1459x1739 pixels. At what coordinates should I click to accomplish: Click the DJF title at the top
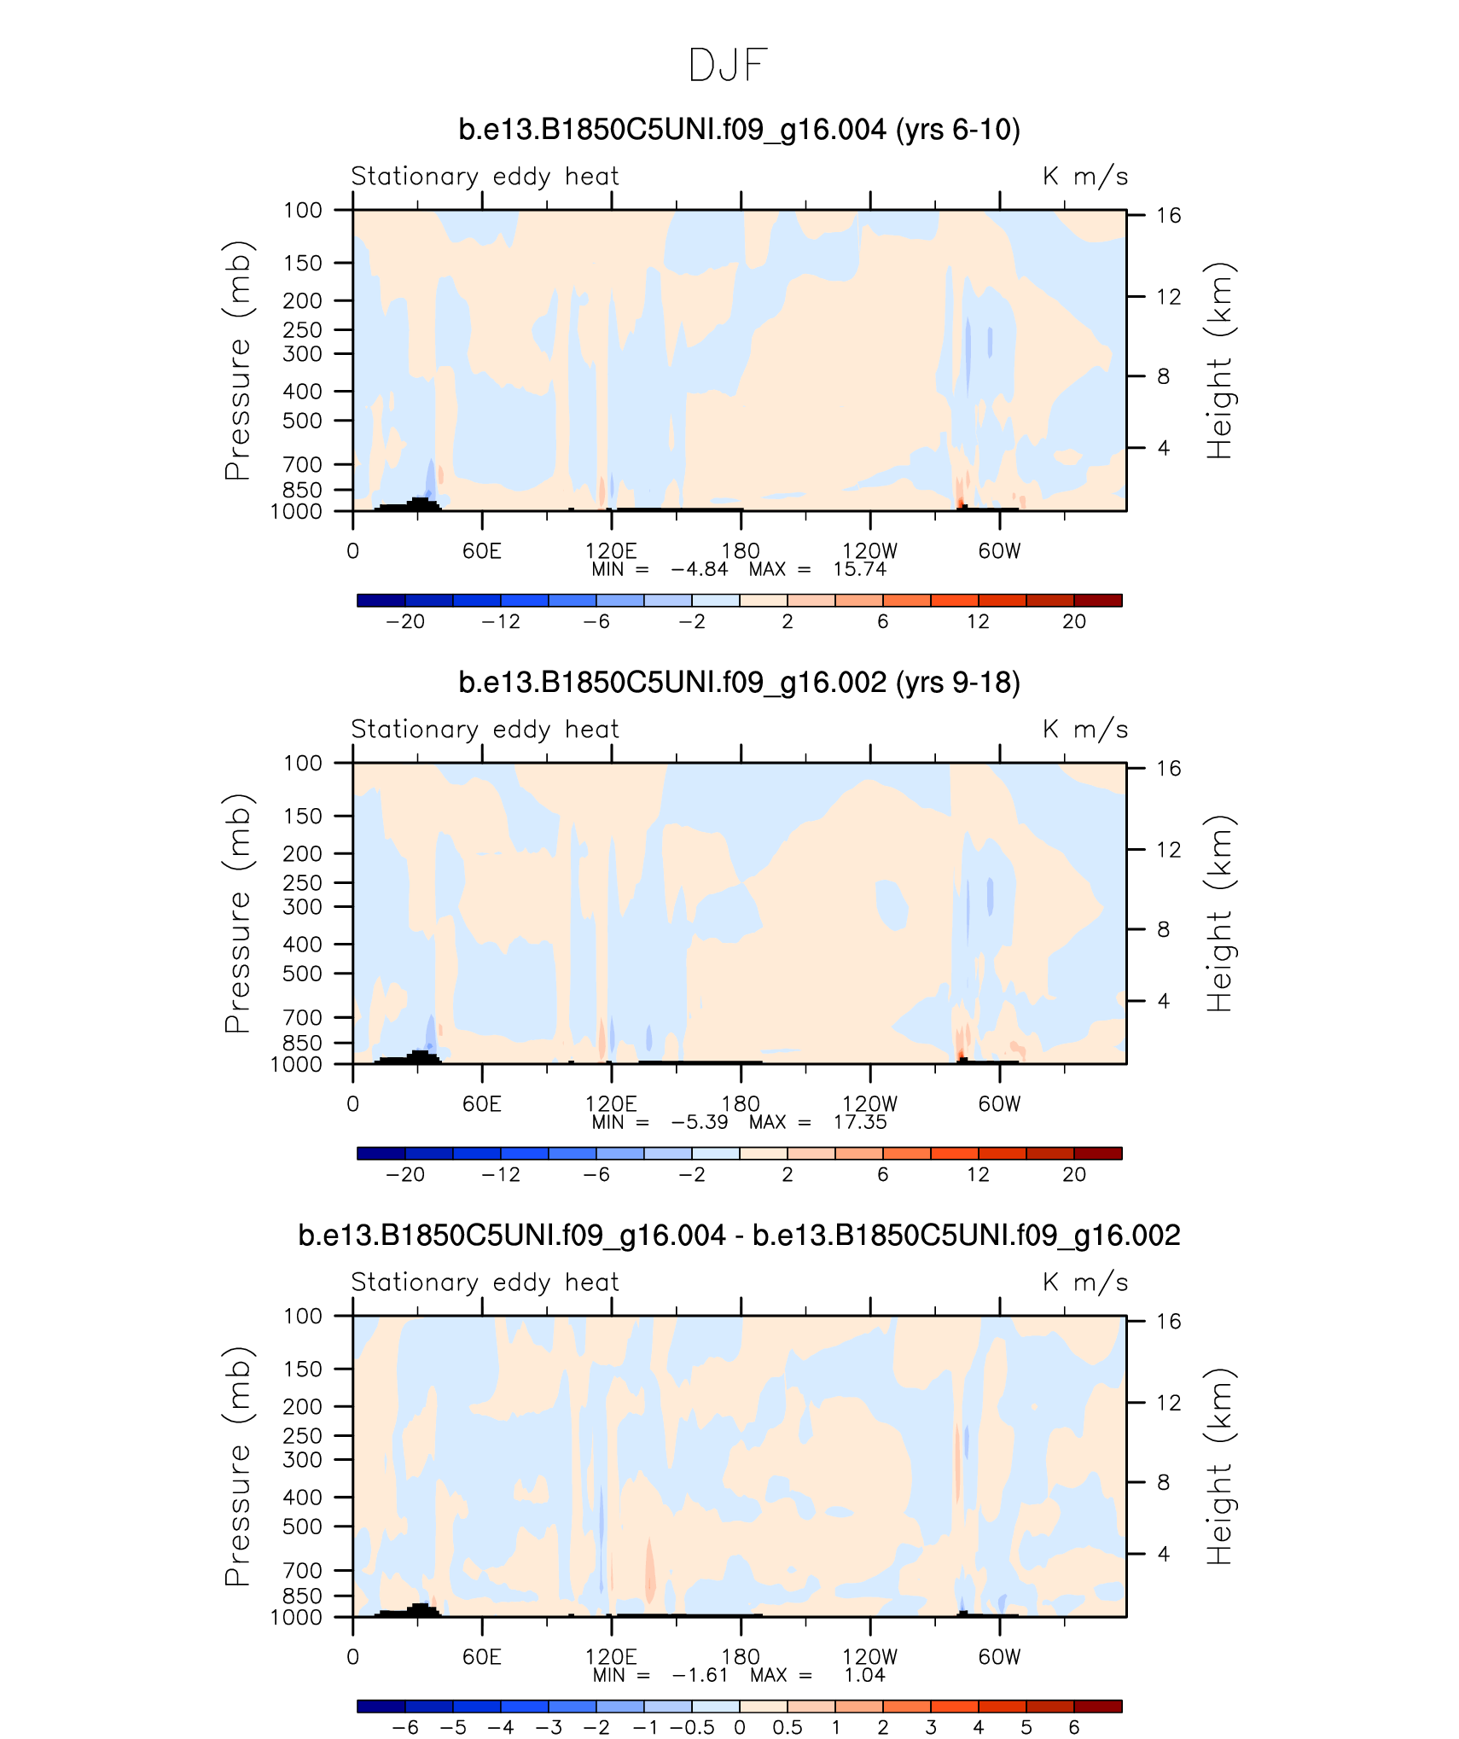[x=728, y=66]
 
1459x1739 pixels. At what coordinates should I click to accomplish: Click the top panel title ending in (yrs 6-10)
[x=739, y=130]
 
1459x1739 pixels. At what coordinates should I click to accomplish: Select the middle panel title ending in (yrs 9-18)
[x=739, y=683]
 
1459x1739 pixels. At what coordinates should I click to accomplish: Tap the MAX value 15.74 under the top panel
[x=860, y=569]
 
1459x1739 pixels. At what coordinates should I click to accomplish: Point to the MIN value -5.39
[x=700, y=1122]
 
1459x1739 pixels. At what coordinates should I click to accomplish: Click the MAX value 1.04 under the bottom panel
[x=864, y=1675]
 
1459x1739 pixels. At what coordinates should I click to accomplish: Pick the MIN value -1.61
[x=700, y=1675]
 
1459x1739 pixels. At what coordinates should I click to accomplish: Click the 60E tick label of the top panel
[x=482, y=551]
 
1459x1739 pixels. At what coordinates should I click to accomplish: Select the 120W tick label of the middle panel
[x=869, y=1104]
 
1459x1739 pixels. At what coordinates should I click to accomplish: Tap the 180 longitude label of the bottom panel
[x=740, y=1656]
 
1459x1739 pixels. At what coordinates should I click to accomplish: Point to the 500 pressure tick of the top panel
[x=303, y=421]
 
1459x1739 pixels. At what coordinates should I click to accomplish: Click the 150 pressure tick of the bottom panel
[x=303, y=1369]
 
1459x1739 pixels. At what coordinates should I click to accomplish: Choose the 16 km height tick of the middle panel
[x=1168, y=769]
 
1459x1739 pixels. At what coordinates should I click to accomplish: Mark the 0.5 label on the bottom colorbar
[x=787, y=1728]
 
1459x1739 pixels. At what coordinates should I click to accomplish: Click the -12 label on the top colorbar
[x=500, y=622]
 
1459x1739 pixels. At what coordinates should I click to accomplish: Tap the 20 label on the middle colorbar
[x=1073, y=1175]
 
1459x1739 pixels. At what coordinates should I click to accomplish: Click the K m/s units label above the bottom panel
[x=1084, y=1282]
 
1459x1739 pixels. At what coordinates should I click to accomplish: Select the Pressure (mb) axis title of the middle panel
[x=238, y=913]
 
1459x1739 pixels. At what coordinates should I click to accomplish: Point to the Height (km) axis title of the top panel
[x=1219, y=360]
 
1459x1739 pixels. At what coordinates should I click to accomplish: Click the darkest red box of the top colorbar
[x=1097, y=601]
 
